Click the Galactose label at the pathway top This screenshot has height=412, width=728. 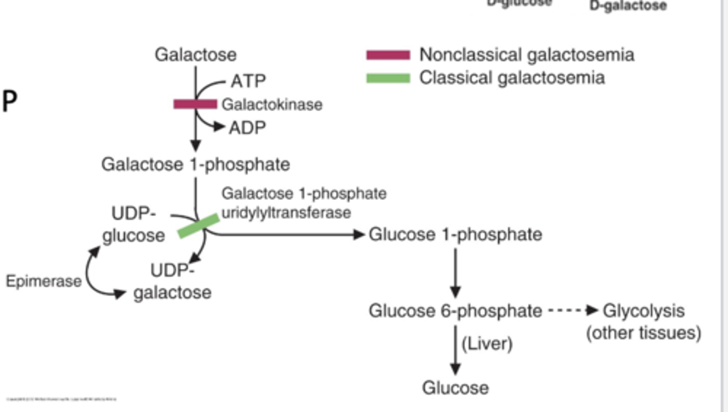pyautogui.click(x=195, y=55)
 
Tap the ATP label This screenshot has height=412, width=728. pyautogui.click(x=248, y=81)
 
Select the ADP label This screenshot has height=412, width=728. pyautogui.click(x=247, y=128)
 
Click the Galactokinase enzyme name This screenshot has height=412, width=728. pyautogui.click(x=272, y=105)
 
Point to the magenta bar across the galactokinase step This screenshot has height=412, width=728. pyautogui.click(x=195, y=104)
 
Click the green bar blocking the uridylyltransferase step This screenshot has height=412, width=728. pyautogui.click(x=199, y=226)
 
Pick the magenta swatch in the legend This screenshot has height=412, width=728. pyautogui.click(x=388, y=55)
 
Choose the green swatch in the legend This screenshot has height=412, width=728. pyautogui.click(x=388, y=78)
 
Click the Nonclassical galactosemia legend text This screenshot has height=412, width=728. pyautogui.click(x=526, y=55)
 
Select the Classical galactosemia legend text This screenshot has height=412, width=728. pyautogui.click(x=512, y=78)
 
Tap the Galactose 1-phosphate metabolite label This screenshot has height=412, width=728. pyautogui.click(x=196, y=164)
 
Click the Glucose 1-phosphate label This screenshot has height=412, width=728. pyautogui.click(x=456, y=235)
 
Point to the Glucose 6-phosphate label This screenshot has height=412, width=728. pyautogui.click(x=455, y=310)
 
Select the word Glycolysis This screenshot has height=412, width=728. pyautogui.click(x=644, y=310)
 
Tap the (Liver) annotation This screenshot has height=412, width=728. pyautogui.click(x=487, y=344)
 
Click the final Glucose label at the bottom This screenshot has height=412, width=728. pyautogui.click(x=456, y=388)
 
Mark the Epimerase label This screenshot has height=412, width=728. pyautogui.click(x=43, y=281)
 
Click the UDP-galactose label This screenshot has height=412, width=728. pyautogui.click(x=172, y=282)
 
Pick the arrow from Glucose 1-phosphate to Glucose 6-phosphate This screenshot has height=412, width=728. pyautogui.click(x=456, y=273)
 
